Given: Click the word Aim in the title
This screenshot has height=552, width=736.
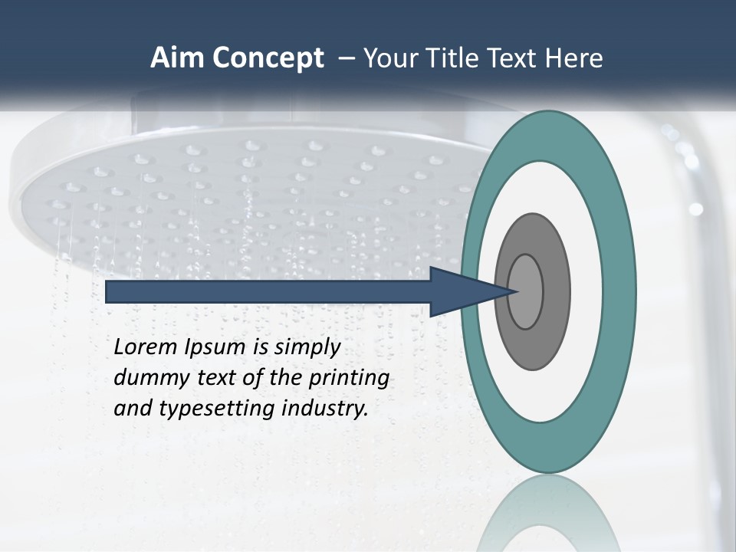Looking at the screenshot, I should [178, 58].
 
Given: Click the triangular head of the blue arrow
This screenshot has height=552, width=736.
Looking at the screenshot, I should [468, 291].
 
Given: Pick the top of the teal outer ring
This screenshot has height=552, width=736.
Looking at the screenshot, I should [547, 135].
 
